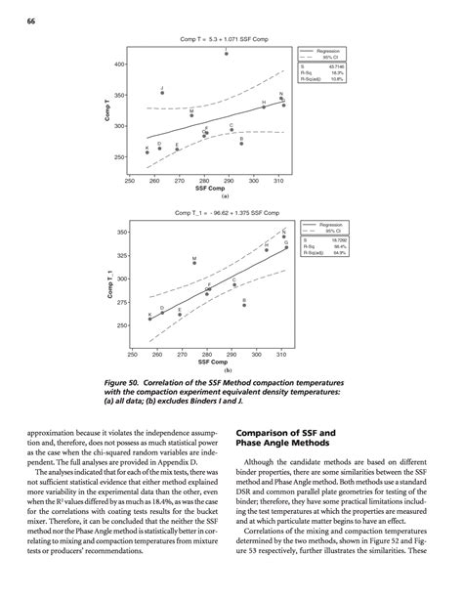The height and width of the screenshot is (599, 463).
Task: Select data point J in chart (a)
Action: click(x=162, y=93)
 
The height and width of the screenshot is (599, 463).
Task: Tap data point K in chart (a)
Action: click(x=147, y=152)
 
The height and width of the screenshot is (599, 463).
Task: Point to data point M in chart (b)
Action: click(x=194, y=263)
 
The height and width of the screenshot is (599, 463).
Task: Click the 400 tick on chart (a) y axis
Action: click(x=119, y=64)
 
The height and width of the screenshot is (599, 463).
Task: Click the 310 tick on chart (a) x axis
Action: click(x=278, y=181)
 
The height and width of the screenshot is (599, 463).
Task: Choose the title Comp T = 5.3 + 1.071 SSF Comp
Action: click(x=224, y=38)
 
